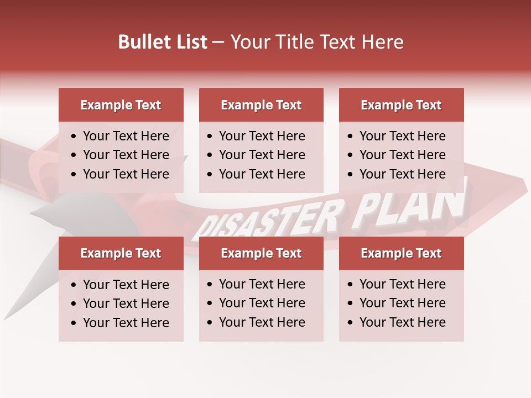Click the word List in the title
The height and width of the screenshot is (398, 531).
191,42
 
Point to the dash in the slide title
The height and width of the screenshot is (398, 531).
218,43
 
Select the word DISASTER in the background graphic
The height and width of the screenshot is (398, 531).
265,220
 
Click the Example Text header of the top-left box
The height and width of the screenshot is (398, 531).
121,105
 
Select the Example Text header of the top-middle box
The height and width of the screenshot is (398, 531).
261,105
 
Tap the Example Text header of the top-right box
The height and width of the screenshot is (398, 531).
401,105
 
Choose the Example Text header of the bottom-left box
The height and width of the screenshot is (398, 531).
121,253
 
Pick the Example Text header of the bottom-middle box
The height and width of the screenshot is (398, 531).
261,253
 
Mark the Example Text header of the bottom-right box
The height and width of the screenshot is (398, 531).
401,253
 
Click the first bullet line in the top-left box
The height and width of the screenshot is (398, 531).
126,136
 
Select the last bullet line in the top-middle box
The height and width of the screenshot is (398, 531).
262,174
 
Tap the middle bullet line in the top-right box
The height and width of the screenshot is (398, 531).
402,155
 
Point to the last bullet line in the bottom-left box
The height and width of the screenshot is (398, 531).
126,323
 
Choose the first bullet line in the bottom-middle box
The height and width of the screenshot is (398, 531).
262,284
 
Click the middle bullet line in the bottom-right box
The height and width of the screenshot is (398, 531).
402,303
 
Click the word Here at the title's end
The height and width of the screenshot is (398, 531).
382,42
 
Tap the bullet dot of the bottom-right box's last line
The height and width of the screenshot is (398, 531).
350,322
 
